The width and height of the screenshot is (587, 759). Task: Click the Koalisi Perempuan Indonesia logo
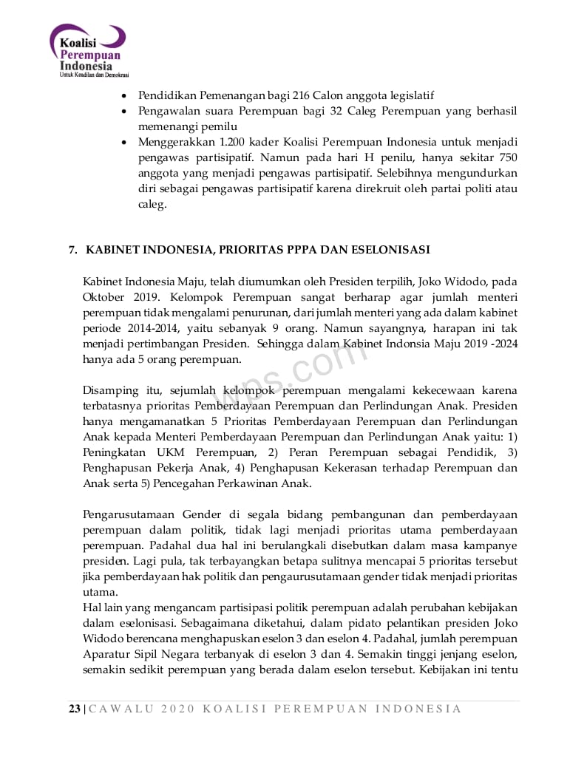tap(89, 51)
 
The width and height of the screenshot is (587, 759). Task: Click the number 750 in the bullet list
tap(506, 157)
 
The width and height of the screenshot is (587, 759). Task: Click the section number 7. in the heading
tap(73, 250)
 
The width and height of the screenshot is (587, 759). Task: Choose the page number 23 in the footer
tap(75, 709)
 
